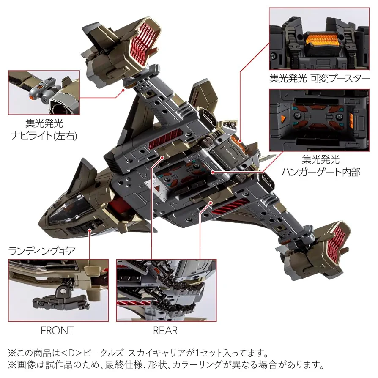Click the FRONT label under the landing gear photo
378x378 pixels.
[57, 330]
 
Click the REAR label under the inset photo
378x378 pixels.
[165, 330]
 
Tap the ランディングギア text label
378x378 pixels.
[42, 251]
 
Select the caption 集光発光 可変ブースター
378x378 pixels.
[319, 78]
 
